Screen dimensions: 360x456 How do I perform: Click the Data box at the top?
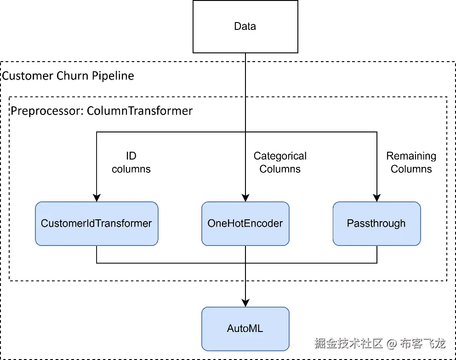click(245, 27)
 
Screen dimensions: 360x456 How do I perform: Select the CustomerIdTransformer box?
click(97, 223)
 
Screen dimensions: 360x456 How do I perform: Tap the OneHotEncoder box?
click(245, 223)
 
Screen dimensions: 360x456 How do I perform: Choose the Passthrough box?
click(376, 223)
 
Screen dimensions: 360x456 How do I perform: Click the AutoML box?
click(245, 329)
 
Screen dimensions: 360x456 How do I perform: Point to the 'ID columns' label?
click(131, 163)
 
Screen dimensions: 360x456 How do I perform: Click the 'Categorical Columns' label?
click(280, 163)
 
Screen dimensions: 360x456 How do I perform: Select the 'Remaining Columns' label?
click(411, 163)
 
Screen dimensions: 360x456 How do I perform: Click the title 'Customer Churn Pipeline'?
click(68, 75)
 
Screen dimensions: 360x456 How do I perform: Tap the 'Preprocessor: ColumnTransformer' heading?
click(102, 111)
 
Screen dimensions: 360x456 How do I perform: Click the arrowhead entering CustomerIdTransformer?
click(97, 198)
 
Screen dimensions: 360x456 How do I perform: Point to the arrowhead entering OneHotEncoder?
click(245, 198)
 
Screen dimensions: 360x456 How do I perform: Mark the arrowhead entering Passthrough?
click(377, 198)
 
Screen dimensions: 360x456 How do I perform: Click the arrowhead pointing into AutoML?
click(245, 303)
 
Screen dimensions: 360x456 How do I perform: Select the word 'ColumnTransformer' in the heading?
click(140, 111)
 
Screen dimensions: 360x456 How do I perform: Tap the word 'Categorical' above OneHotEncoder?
click(280, 156)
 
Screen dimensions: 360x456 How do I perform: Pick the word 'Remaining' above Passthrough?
click(411, 156)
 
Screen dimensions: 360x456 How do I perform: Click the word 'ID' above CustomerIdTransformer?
click(131, 156)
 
